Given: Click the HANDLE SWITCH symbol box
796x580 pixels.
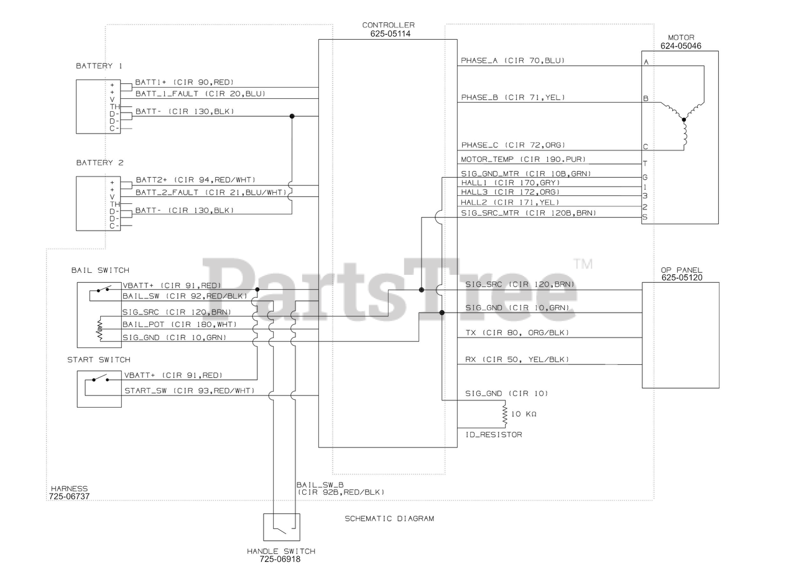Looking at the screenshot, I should click(x=281, y=527).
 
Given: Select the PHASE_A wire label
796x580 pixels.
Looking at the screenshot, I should click(x=512, y=61).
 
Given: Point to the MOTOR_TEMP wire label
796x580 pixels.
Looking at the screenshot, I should click(x=523, y=159).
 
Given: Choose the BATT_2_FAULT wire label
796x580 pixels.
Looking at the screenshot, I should click(x=211, y=193).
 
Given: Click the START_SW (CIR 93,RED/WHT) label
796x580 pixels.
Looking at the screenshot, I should click(x=190, y=390).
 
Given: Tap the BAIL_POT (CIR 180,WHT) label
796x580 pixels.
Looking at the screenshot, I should click(x=180, y=325).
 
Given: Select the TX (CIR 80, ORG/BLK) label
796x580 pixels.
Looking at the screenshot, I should click(x=517, y=333).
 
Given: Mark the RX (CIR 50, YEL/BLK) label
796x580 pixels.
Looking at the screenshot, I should click(x=517, y=359).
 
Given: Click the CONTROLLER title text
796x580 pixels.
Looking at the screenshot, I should click(x=388, y=25).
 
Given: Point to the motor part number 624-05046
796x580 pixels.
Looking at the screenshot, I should click(x=680, y=45).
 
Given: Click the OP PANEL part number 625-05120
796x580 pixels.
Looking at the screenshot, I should click(x=682, y=278).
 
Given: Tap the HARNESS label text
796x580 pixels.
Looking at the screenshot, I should click(x=69, y=489).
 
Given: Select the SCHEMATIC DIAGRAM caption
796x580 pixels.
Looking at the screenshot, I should click(x=389, y=518).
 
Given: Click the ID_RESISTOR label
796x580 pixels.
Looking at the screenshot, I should click(x=494, y=435).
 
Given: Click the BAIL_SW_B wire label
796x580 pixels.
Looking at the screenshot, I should click(x=320, y=484).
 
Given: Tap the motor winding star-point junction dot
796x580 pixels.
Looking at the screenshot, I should click(x=683, y=119).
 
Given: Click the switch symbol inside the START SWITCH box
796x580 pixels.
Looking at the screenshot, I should click(x=99, y=379).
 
